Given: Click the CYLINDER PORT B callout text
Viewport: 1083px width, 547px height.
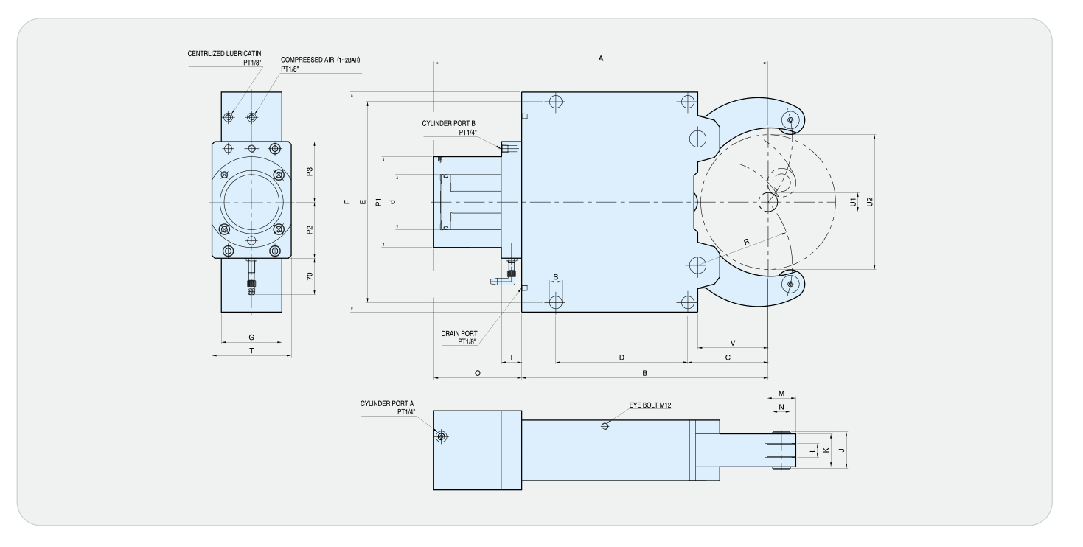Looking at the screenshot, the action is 449,123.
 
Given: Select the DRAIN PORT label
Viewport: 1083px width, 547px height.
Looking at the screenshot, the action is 459,334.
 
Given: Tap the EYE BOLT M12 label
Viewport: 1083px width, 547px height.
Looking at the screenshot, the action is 650,405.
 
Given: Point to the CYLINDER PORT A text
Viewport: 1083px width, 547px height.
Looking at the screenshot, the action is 387,403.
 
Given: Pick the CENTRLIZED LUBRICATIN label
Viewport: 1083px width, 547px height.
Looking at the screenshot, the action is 224,54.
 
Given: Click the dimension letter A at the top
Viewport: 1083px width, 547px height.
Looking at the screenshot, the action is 601,58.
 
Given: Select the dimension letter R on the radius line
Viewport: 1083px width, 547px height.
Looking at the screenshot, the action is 747,242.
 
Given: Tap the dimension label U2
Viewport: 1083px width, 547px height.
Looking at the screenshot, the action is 870,202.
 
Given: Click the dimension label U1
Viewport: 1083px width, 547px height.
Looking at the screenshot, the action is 853,202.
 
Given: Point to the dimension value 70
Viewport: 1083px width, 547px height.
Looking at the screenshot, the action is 310,276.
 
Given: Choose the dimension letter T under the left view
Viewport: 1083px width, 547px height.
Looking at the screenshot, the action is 251,351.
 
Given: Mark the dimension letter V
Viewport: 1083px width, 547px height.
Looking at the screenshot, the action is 733,343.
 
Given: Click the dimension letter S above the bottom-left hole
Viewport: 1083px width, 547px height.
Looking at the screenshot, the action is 556,277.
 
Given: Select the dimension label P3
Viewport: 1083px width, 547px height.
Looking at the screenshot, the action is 310,172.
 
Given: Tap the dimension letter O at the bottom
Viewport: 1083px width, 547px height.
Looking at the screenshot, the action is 477,373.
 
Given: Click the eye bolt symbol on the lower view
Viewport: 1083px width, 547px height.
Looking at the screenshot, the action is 605,426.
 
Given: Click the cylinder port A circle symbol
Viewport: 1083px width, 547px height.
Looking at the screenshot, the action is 441,436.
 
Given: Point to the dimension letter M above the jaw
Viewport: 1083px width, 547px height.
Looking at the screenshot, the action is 781,394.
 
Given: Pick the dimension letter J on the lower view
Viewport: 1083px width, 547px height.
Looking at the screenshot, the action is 842,450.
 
